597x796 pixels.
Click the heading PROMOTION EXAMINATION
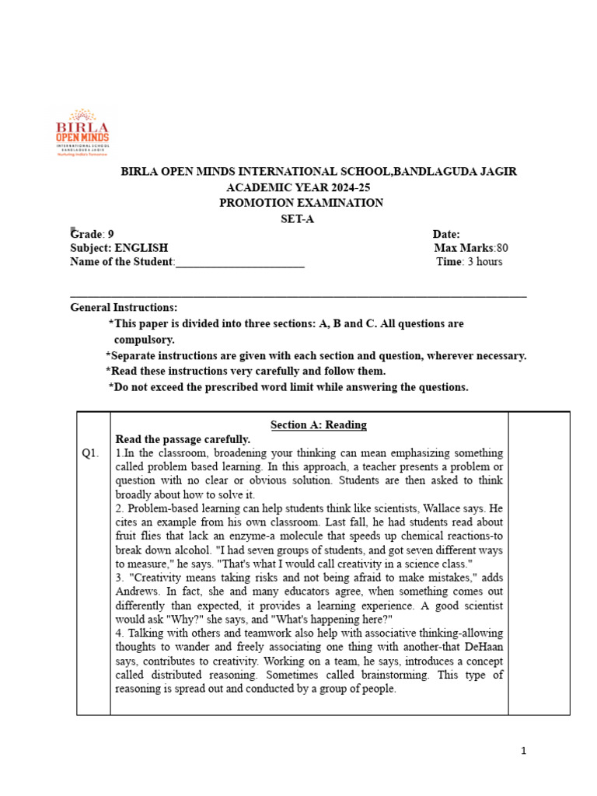[x=301, y=203]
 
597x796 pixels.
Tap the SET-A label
[x=298, y=219]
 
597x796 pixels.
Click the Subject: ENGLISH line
[x=119, y=248]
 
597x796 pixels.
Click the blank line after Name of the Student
[x=240, y=263]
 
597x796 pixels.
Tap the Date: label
[x=446, y=234]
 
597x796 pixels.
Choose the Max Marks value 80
[x=502, y=248]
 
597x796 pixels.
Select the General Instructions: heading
[x=124, y=308]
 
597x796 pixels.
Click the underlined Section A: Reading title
[x=318, y=424]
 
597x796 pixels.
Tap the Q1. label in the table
[x=91, y=453]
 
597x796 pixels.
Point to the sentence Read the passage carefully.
[x=183, y=439]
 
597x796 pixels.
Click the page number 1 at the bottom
[x=524, y=750]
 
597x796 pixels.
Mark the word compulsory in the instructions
[x=145, y=340]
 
